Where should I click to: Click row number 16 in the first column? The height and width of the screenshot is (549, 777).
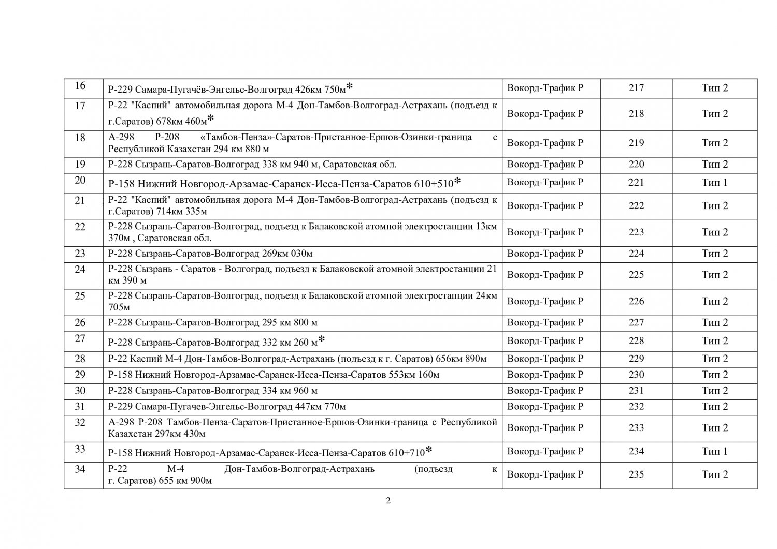coord(80,86)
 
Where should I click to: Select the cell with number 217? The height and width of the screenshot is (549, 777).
coord(636,88)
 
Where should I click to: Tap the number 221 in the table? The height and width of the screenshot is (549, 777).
coord(636,182)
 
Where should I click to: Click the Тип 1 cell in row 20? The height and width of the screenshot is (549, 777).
coord(714,182)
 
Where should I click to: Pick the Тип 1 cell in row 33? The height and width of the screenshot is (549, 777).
coord(714,451)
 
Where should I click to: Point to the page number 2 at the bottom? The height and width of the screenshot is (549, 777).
coord(388,500)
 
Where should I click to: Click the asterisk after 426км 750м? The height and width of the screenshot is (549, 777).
coord(350,85)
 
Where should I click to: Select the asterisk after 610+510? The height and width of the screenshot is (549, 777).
coord(457,181)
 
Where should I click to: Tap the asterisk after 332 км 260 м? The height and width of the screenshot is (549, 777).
coord(322,339)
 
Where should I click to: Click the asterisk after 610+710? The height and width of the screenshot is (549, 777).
coord(428,450)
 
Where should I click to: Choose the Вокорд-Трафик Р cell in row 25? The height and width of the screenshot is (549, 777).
coord(545,301)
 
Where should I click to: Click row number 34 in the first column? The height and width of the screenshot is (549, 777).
coord(80,469)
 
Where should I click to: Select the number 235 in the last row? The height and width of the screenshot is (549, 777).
coord(636,474)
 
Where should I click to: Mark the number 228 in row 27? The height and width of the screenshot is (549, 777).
coord(636,340)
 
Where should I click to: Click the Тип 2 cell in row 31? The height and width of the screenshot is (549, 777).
coord(714,406)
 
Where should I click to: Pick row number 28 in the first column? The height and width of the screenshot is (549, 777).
coord(80,359)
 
